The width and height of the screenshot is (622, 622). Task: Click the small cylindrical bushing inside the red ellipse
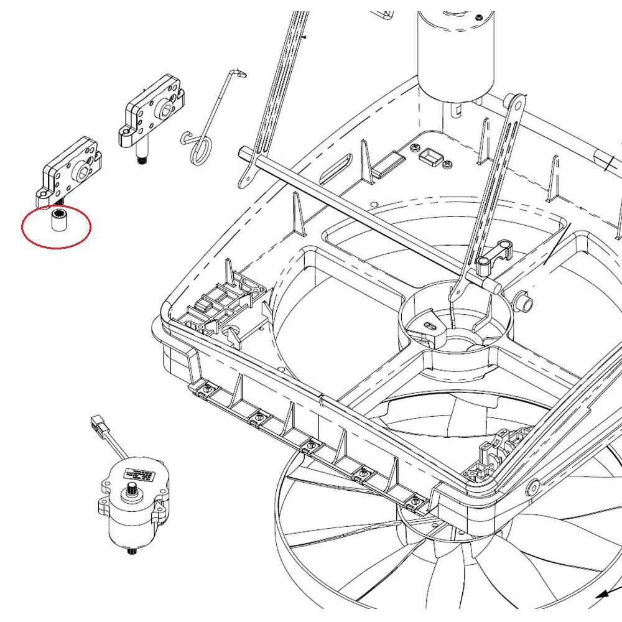click(x=58, y=222)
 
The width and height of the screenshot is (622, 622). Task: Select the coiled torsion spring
click(x=201, y=147)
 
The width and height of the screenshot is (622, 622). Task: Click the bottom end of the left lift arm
click(x=245, y=180)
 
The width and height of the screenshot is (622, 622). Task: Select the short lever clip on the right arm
click(x=494, y=255)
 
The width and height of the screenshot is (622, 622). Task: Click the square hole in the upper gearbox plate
click(x=166, y=111)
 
